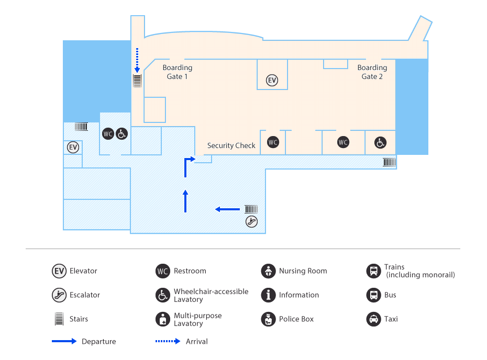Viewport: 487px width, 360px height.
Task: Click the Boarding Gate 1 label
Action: [x=177, y=72]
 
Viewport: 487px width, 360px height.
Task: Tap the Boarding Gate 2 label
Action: [x=372, y=72]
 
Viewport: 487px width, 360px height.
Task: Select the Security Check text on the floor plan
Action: [x=231, y=145]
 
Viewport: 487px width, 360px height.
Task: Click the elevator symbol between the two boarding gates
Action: [x=272, y=80]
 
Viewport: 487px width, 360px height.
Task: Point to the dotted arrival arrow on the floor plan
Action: [x=137, y=59]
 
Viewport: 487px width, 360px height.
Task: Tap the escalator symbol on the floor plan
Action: [x=251, y=221]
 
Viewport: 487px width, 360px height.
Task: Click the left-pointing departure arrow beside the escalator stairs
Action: [x=227, y=209]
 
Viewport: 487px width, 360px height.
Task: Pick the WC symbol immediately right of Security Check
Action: [x=273, y=142]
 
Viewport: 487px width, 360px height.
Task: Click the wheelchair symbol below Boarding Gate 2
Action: [x=380, y=142]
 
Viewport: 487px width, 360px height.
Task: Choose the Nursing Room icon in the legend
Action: [x=268, y=271]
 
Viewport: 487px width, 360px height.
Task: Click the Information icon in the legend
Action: [x=268, y=295]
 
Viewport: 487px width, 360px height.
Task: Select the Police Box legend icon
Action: [x=268, y=319]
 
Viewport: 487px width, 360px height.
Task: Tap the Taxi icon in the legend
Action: [x=373, y=319]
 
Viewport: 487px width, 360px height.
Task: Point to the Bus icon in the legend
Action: [x=373, y=295]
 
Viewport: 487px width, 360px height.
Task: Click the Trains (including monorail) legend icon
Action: [x=373, y=271]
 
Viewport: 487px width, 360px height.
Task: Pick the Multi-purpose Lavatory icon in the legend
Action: [x=163, y=319]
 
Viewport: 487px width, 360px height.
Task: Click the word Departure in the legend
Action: [x=98, y=342]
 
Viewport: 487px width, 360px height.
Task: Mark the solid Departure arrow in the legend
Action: [x=64, y=342]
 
